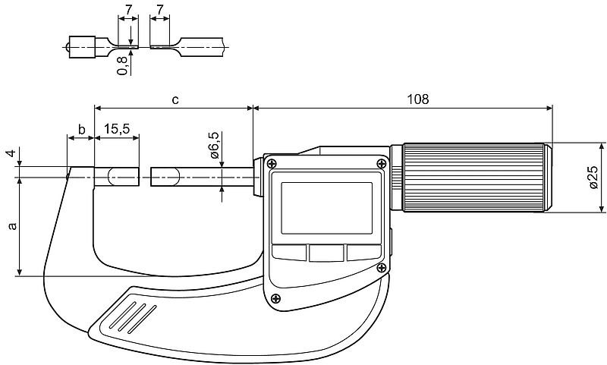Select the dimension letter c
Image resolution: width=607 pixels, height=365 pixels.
tap(176, 99)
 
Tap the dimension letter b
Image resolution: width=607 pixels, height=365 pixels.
tap(80, 130)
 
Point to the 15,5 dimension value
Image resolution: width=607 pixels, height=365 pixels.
tap(117, 130)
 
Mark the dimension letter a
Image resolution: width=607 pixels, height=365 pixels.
tap(10, 226)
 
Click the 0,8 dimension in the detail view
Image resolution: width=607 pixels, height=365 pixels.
tap(121, 67)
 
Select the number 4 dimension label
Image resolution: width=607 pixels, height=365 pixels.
tap(10, 155)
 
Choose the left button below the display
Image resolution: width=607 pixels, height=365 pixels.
tap(289, 252)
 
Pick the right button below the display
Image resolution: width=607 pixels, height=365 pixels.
tap(364, 252)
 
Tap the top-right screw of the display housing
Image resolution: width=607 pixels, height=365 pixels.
tap(381, 162)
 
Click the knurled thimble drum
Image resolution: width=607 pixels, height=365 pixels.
tap(474, 178)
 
